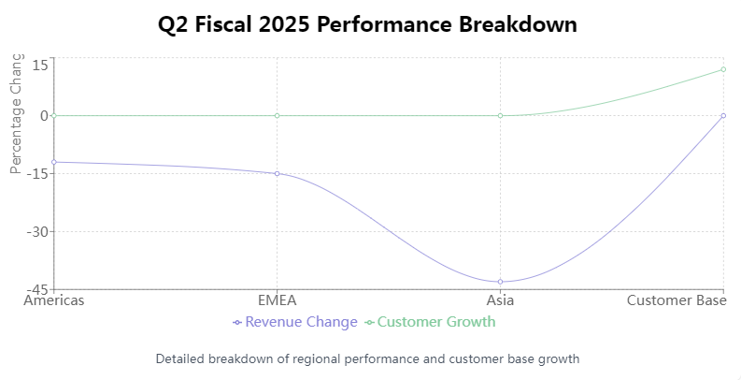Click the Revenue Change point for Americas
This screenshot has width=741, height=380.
(54, 162)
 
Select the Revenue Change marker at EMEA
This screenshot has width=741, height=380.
(277, 173)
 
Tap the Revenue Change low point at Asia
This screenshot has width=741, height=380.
(500, 282)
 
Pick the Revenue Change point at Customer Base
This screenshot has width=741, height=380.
(723, 115)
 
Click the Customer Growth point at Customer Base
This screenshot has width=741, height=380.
(723, 69)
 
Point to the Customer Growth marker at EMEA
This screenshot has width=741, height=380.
(277, 115)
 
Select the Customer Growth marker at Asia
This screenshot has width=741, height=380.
(500, 115)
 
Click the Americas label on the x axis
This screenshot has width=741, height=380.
(54, 300)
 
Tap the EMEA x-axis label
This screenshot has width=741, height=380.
(277, 300)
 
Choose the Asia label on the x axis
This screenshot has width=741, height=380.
(500, 300)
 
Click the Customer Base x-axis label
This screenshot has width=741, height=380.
(677, 300)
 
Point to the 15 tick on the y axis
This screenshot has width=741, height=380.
(40, 65)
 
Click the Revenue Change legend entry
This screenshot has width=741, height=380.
(295, 322)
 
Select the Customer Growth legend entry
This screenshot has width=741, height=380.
(430, 322)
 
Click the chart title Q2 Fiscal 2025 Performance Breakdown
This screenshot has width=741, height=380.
(367, 24)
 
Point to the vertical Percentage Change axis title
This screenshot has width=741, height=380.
(15, 112)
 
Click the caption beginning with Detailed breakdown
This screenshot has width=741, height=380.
(368, 358)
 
